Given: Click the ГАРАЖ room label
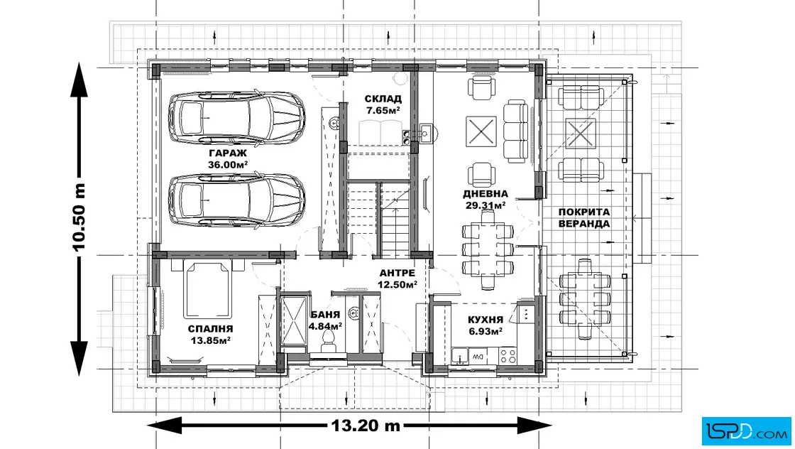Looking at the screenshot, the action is [228, 153].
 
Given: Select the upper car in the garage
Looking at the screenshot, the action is [236, 117].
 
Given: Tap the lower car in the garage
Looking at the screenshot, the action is [236, 200].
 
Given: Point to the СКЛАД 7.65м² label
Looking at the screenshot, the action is [383, 104].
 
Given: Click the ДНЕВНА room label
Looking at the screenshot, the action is [486, 193].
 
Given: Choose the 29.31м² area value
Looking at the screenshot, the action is [486, 205].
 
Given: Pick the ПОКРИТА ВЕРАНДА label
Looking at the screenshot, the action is [584, 217].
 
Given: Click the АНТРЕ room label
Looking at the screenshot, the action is [397, 273].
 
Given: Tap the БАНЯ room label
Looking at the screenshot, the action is [325, 315].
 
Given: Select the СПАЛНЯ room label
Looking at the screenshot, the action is [210, 329].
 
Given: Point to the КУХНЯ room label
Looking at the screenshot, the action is [486, 320].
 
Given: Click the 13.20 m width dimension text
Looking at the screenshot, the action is [366, 425].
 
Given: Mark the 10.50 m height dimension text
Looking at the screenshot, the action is [79, 217].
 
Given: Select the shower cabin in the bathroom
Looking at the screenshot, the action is [293, 320].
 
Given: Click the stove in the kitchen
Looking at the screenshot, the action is [508, 355].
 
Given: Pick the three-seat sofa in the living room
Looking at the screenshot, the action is [515, 131].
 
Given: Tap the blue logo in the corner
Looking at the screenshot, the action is [746, 431].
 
